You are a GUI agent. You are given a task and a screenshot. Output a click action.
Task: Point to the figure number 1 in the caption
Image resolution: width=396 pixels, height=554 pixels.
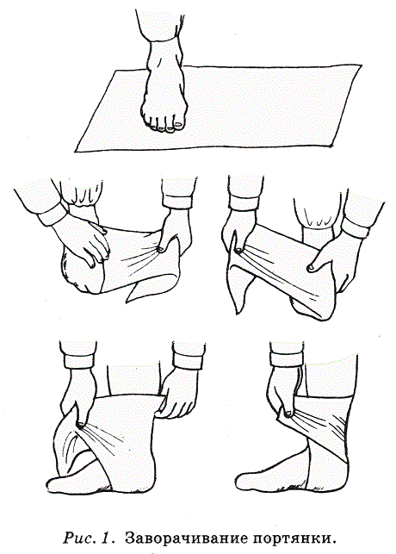pyautogui.click(x=108, y=538)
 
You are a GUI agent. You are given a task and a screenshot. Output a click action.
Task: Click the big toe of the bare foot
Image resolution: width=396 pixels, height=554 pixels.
pyautogui.click(x=178, y=124)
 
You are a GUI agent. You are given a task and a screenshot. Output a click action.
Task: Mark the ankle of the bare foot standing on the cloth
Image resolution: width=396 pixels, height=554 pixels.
pyautogui.click(x=165, y=53)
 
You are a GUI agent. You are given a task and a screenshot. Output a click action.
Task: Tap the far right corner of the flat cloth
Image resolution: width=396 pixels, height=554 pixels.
pyautogui.click(x=361, y=65)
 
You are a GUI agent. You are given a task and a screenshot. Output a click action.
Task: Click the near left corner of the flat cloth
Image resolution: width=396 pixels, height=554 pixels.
pyautogui.click(x=76, y=152)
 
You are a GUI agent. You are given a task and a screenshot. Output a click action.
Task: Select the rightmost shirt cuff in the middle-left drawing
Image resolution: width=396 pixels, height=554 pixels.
pyautogui.click(x=178, y=201)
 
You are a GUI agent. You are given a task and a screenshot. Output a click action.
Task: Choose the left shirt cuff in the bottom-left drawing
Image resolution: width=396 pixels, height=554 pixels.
pyautogui.click(x=79, y=361)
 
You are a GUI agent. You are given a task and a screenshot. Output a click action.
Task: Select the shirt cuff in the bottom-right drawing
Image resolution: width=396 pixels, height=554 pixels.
pyautogui.click(x=287, y=358)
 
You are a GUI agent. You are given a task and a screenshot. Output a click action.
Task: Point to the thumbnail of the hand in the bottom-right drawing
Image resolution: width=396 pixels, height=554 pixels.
pyautogui.click(x=288, y=414)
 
